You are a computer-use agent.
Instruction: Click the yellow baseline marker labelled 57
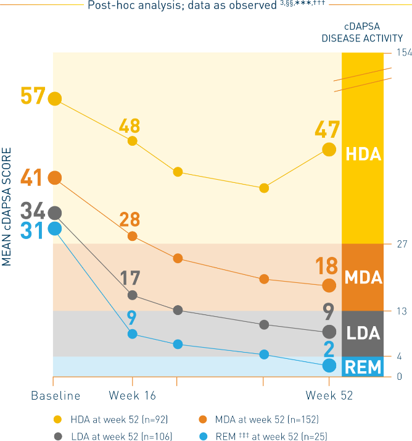55,98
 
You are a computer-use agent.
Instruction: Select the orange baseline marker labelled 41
55,178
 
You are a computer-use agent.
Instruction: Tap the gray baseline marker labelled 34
55,213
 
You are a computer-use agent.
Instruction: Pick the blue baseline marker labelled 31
55,229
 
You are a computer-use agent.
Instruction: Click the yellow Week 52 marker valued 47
329,149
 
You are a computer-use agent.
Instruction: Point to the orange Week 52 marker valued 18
329,285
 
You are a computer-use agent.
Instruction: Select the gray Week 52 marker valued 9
329,331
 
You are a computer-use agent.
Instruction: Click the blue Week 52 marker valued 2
329,366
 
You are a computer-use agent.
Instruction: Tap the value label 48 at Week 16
130,126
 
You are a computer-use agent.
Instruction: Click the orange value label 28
130,220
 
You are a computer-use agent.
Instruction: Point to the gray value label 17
130,278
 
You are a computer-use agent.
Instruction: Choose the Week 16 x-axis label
132,395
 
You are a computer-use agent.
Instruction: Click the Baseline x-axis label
56,395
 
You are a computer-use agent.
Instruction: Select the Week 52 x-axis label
329,395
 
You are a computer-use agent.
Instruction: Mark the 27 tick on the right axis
401,244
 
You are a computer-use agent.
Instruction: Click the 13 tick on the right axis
401,311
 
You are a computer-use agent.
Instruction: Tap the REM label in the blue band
363,367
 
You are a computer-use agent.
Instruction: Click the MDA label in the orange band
363,277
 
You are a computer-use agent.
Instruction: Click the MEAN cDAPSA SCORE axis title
7,206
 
